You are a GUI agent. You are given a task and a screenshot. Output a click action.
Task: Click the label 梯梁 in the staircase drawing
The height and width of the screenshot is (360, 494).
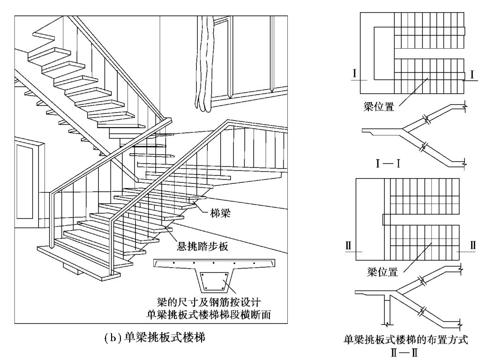click(x=220, y=213)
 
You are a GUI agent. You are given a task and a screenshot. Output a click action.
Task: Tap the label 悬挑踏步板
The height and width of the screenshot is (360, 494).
click(x=202, y=246)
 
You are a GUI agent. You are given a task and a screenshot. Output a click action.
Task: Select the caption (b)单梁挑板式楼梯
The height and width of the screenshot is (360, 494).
click(x=154, y=337)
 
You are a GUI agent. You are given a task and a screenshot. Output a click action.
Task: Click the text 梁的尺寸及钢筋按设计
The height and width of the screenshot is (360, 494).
click(x=209, y=302)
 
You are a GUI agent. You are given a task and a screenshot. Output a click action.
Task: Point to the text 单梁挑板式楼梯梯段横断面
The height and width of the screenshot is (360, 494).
click(x=209, y=315)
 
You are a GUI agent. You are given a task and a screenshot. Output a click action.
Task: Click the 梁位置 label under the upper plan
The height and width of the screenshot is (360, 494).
click(x=379, y=107)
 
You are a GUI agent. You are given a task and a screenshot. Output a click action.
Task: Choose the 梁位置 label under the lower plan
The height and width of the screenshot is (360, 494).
click(x=382, y=272)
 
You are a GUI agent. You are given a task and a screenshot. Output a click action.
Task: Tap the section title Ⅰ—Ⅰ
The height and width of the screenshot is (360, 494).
click(x=388, y=164)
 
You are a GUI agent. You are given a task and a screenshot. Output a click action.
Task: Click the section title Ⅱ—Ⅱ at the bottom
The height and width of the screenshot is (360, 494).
click(x=404, y=352)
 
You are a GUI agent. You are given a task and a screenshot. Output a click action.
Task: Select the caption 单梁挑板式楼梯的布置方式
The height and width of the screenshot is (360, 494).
click(x=406, y=340)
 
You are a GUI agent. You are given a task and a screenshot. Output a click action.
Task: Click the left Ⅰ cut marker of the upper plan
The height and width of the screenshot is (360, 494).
click(x=355, y=74)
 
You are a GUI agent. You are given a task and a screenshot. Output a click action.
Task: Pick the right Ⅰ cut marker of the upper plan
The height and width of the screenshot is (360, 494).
click(x=472, y=75)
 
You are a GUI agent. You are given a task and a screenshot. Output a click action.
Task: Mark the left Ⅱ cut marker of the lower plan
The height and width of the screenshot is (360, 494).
click(x=348, y=245)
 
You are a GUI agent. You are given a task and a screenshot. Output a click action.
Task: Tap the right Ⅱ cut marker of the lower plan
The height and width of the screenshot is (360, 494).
click(x=472, y=245)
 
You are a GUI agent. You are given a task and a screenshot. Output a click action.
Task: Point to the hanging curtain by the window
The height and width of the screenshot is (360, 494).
click(x=205, y=63)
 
